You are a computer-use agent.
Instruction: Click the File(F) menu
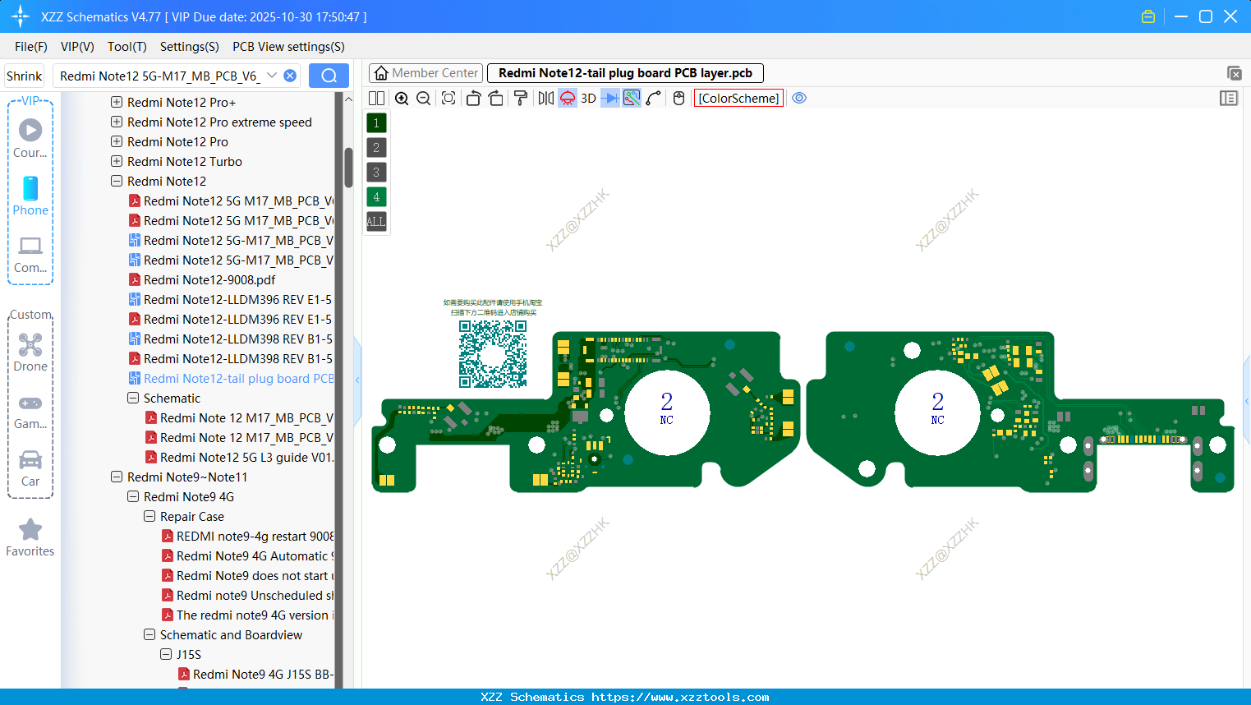click(30, 47)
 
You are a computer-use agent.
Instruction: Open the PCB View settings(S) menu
click(288, 47)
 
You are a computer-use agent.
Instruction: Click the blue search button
click(329, 76)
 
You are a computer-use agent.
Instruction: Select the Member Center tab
click(426, 73)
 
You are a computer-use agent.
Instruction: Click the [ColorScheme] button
click(738, 99)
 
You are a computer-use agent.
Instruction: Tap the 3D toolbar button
click(588, 99)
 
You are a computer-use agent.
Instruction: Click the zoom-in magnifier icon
click(402, 99)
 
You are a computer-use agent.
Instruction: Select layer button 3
click(376, 173)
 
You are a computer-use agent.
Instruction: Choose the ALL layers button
click(376, 222)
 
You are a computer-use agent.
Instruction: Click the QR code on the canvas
click(493, 353)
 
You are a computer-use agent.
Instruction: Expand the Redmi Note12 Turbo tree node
click(117, 162)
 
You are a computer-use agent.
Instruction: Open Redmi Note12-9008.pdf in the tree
click(209, 280)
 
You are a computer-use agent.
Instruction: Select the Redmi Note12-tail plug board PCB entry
click(238, 379)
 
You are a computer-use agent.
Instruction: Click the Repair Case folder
click(191, 517)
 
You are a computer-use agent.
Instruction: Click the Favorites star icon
click(30, 530)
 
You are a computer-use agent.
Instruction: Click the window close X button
click(1230, 16)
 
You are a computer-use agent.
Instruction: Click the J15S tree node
click(188, 655)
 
